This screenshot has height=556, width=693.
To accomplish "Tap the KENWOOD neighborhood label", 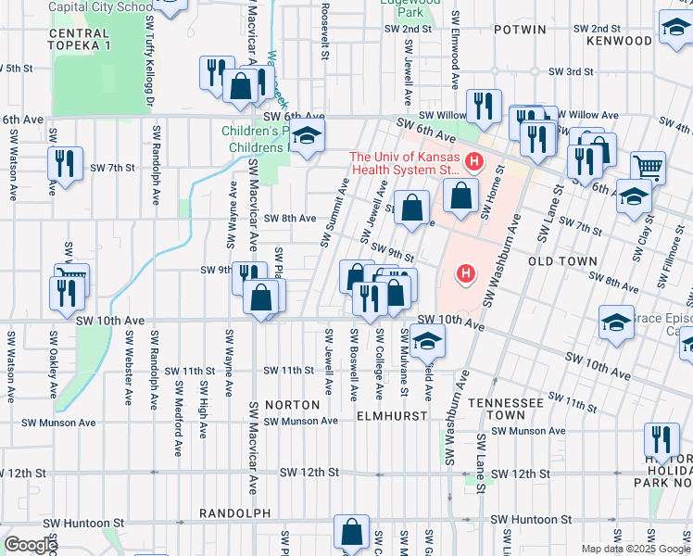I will [x=620, y=42].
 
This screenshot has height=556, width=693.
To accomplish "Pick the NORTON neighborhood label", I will [x=292, y=405].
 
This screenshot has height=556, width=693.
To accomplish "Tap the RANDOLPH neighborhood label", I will [x=234, y=512].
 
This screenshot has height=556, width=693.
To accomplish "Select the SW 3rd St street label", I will [x=571, y=71].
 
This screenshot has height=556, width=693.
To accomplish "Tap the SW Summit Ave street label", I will [x=335, y=214].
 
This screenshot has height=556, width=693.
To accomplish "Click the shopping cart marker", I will [x=648, y=167].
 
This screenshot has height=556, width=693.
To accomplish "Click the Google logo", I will [x=31, y=545].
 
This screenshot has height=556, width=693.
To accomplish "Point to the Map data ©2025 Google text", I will [x=636, y=549].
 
